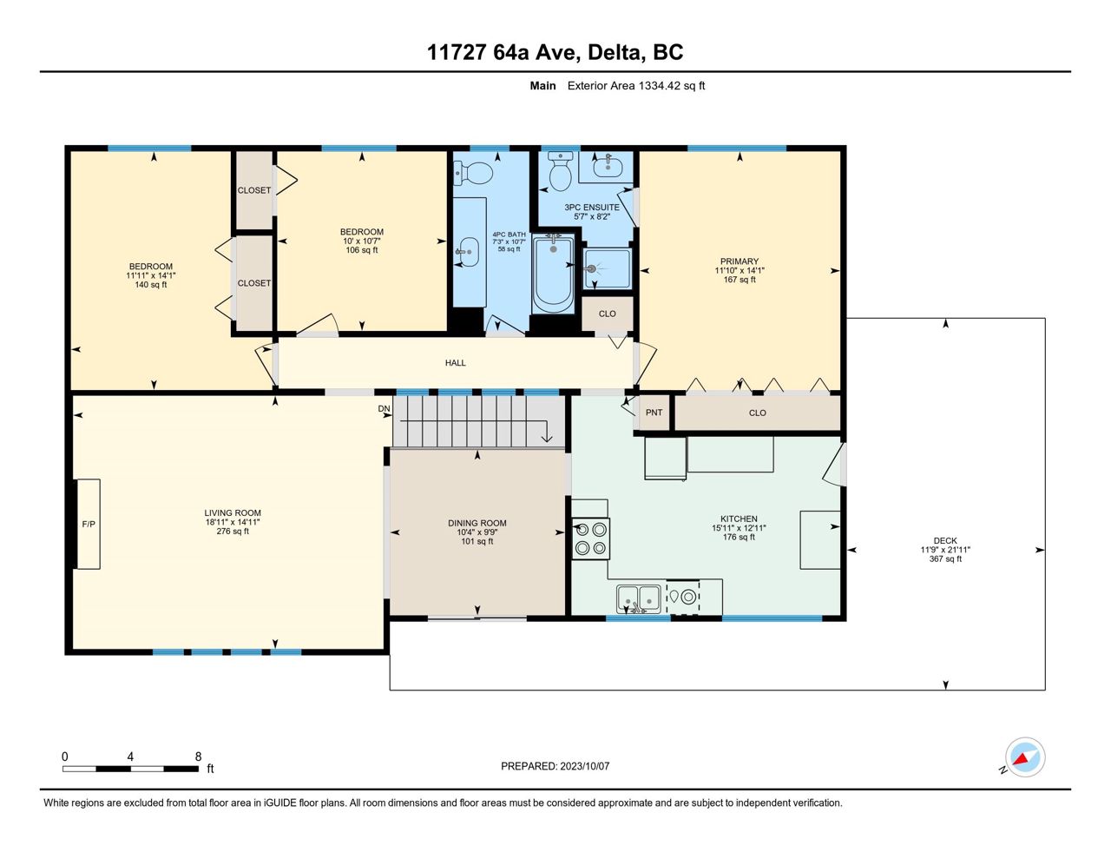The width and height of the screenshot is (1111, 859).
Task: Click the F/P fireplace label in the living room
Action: coord(89,524)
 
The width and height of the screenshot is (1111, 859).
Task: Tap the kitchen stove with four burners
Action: coord(590,539)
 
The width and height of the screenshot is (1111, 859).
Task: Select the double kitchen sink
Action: coord(639,598)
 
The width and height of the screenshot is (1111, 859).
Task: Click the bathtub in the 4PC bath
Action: coord(553,274)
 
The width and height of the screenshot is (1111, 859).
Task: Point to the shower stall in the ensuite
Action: coord(608,268)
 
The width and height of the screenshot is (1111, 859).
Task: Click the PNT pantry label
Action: coord(654,413)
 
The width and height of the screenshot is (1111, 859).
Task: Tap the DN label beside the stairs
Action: coord(384,408)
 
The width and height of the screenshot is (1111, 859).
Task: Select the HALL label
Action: coord(455,363)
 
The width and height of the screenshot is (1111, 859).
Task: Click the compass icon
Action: coord(1024,757)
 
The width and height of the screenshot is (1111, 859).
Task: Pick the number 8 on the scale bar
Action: coord(199,757)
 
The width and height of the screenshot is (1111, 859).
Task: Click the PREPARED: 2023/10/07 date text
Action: coord(555,766)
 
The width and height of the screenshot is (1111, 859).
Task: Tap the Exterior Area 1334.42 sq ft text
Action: coord(636,86)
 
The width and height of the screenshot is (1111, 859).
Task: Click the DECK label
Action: coord(945,540)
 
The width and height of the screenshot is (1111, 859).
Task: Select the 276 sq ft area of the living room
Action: coord(233,531)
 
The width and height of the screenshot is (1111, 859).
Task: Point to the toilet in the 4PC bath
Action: coord(473,173)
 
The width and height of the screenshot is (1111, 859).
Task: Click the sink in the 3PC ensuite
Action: coord(608,166)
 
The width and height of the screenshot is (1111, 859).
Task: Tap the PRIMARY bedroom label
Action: coord(740,261)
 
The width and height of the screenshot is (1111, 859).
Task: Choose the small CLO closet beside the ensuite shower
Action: coord(608,314)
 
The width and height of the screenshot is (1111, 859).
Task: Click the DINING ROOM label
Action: coord(477,523)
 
